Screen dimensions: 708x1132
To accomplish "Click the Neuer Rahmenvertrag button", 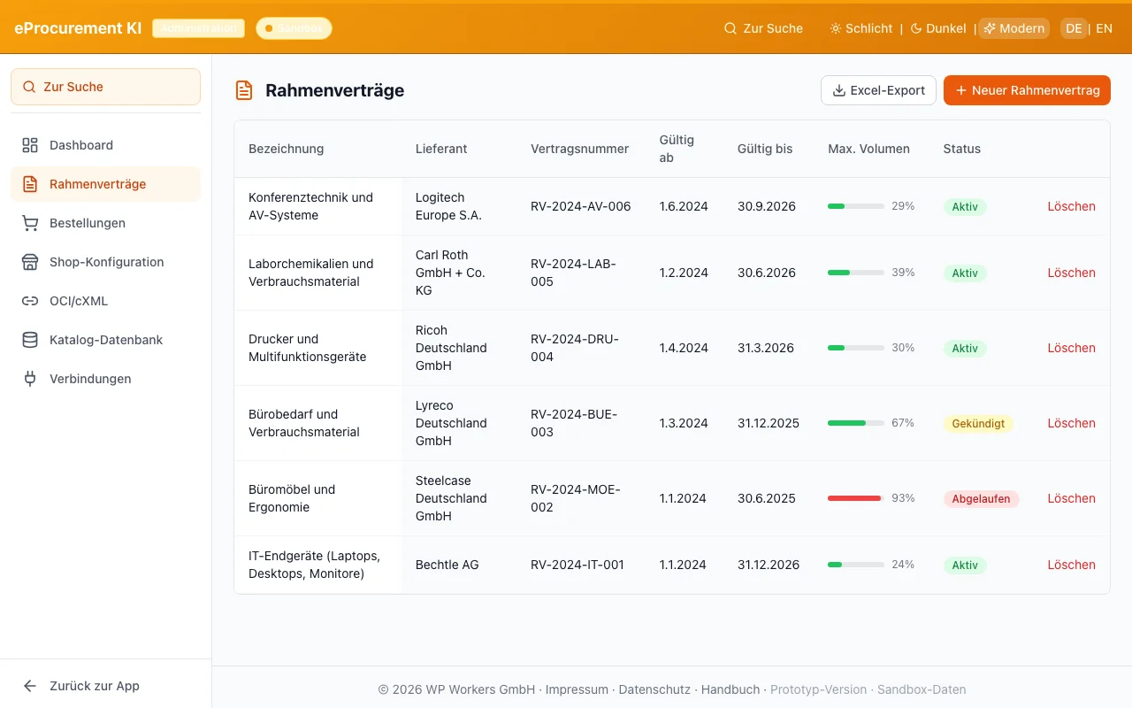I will coord(1027,90).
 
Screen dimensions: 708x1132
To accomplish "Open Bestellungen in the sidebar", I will coord(87,223).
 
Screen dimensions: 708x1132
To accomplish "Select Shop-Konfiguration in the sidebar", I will coord(106,262).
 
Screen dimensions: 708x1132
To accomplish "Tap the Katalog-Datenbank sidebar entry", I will coord(105,340).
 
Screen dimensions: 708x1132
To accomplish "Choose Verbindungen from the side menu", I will coord(89,379).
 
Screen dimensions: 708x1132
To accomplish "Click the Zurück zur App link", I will coord(94,686).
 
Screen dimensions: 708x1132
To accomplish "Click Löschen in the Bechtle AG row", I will coord(1071,565).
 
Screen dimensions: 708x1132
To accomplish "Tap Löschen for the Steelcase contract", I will coord(1071,498).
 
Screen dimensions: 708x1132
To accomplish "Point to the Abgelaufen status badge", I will coord(981,499).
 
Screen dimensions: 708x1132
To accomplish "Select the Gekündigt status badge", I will coord(978,424).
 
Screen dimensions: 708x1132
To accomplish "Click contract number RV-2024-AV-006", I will coord(580,206).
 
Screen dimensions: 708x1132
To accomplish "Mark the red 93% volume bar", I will coord(854,498).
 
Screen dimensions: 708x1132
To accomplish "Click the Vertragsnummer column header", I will coord(579,149).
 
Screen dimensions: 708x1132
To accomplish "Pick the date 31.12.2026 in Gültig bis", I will coord(768,565).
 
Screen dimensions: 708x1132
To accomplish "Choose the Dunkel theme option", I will coord(938,28).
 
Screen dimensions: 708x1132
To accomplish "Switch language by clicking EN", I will coord(1104,28).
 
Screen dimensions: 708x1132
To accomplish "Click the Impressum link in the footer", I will coord(577,689).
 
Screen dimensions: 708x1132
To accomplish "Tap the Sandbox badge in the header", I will coord(294,28).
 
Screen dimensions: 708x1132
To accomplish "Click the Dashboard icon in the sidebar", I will coord(30,145).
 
